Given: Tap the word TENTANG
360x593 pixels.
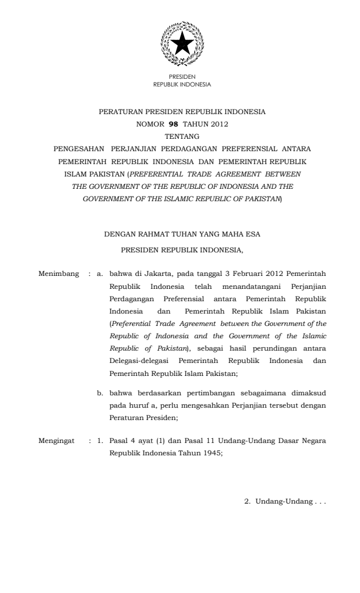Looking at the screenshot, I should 182,136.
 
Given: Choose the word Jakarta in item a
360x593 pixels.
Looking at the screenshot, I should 158,274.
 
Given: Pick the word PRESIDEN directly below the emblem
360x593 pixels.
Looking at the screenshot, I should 182,77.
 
